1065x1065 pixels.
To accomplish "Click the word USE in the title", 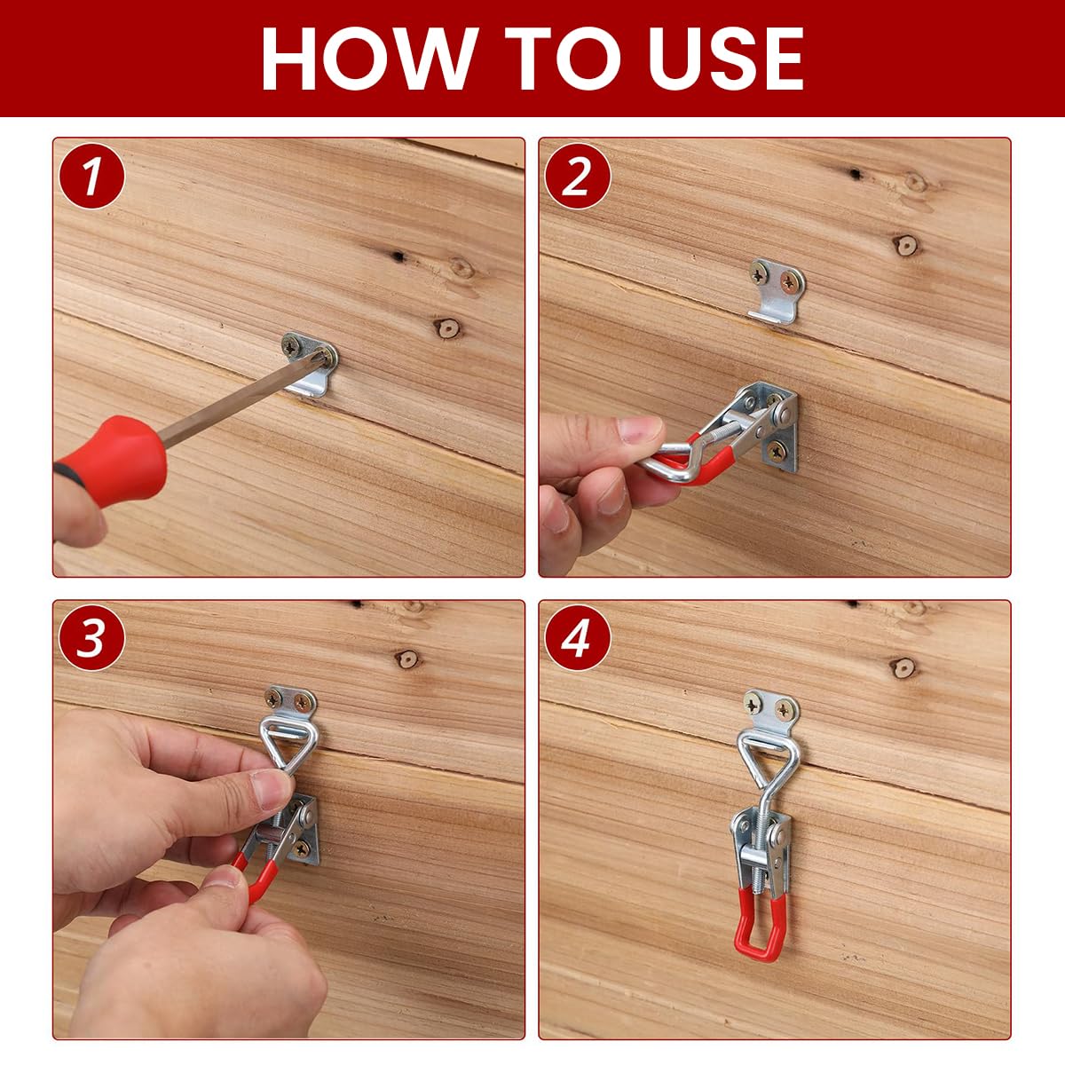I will click(714, 59).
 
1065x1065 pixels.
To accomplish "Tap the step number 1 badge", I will click(91, 176).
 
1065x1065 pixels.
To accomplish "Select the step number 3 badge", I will click(91, 637).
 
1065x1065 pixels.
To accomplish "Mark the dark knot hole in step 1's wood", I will click(397, 256).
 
